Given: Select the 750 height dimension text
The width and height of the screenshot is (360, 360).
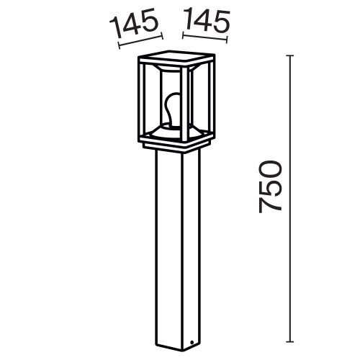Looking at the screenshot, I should click(x=270, y=186).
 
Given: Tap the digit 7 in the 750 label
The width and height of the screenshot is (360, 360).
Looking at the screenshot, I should click(x=270, y=207).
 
